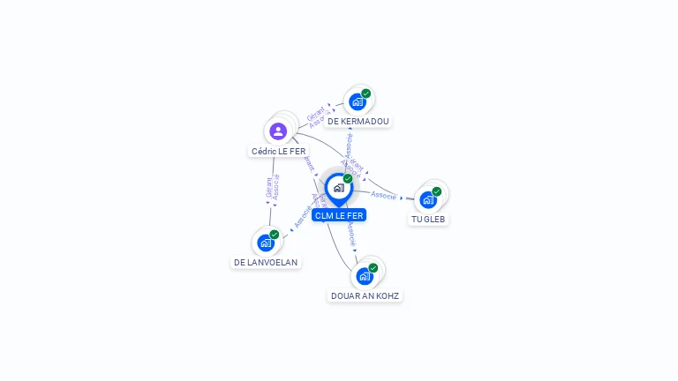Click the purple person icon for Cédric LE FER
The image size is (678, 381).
click(x=278, y=131)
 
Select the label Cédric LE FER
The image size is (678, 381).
click(x=278, y=152)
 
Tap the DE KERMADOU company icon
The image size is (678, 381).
click(x=357, y=101)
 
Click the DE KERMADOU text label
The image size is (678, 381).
click(x=357, y=122)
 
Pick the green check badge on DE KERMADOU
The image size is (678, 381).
click(x=365, y=93)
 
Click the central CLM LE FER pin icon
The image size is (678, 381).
click(x=338, y=188)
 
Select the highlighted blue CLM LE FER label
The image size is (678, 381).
click(x=338, y=215)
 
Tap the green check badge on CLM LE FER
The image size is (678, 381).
click(x=348, y=179)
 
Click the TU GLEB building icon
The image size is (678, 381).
click(x=428, y=199)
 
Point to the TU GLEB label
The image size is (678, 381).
click(x=428, y=219)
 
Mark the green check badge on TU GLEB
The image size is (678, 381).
click(x=436, y=191)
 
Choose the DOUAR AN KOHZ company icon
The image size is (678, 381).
click(x=364, y=276)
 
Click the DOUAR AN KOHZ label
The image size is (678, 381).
click(x=365, y=295)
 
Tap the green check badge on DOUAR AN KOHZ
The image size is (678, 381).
click(x=373, y=268)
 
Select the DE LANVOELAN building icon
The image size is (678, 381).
click(x=265, y=243)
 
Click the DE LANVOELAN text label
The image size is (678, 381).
click(x=266, y=262)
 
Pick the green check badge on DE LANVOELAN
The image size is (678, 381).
click(x=274, y=235)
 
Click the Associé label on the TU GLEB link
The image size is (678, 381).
click(x=383, y=195)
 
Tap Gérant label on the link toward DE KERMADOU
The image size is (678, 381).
click(x=315, y=115)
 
